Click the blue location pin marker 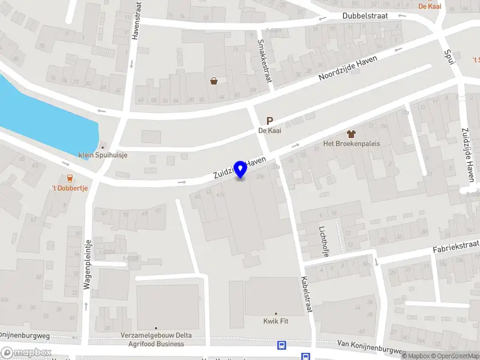point(241,170)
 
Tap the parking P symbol point(270,121)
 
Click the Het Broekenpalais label point(352,144)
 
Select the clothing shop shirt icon point(352,133)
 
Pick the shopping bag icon point(214,80)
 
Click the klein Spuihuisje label point(103,155)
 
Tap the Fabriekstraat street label point(457,247)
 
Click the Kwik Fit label point(276,321)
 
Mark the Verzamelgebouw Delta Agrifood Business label point(156,340)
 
